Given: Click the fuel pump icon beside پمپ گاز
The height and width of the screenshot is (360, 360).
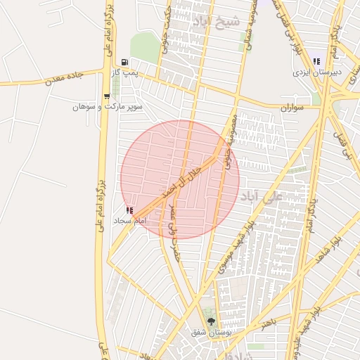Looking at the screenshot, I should [x=124, y=62].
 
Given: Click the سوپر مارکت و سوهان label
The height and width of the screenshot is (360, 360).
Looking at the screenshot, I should [x=111, y=107].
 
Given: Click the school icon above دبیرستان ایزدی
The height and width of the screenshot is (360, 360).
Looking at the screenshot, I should [x=317, y=61].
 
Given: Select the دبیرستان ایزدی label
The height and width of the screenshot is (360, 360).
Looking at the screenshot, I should [x=318, y=72].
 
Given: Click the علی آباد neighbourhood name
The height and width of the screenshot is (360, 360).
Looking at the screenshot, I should [x=262, y=194].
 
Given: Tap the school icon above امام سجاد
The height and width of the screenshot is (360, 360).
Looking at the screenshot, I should [x=129, y=210].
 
